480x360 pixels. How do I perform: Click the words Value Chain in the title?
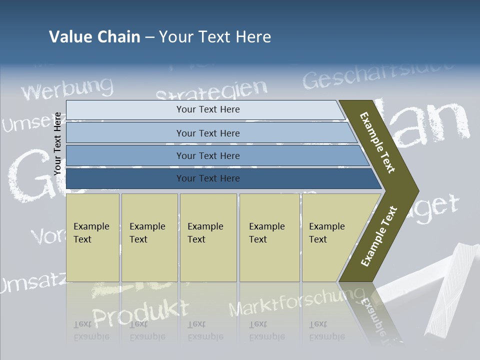(94, 37)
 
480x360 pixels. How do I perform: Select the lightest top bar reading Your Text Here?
(207, 109)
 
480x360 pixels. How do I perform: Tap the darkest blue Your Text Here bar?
(207, 178)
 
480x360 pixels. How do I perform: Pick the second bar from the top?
(207, 133)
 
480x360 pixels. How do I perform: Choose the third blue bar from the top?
(207, 156)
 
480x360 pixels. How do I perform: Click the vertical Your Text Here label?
(57, 143)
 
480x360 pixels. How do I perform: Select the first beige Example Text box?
(92, 237)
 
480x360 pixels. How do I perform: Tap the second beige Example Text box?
(149, 237)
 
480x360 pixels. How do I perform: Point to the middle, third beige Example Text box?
(208, 237)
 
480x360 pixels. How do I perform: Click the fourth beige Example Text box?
(269, 237)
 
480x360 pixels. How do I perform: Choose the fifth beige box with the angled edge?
(330, 237)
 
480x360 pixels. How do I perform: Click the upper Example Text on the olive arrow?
(377, 142)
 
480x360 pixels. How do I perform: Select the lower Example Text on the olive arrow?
(379, 236)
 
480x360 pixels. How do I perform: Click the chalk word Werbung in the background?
(67, 89)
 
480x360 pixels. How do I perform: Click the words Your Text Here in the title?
(215, 37)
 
